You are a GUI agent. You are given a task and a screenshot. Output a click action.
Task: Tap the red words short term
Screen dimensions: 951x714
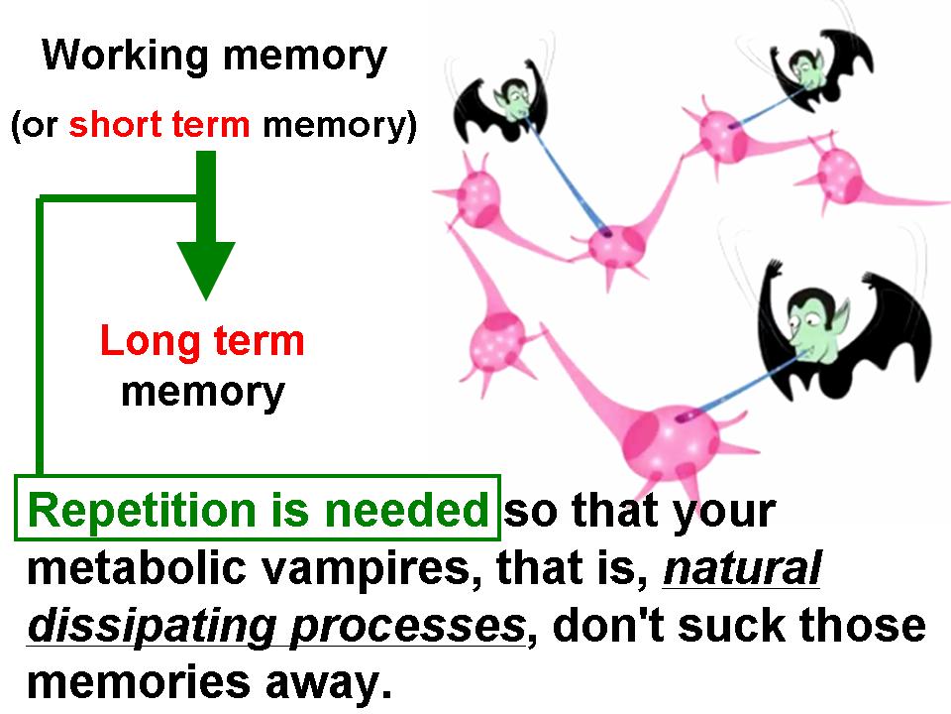[158, 125]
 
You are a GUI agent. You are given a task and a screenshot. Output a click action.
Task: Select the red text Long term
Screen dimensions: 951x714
[202, 342]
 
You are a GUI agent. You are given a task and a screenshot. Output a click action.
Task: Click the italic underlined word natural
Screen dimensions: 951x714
[742, 568]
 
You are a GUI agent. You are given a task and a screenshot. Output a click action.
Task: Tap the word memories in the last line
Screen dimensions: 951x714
[139, 682]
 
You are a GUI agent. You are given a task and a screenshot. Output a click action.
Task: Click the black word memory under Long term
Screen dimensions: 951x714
[203, 394]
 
